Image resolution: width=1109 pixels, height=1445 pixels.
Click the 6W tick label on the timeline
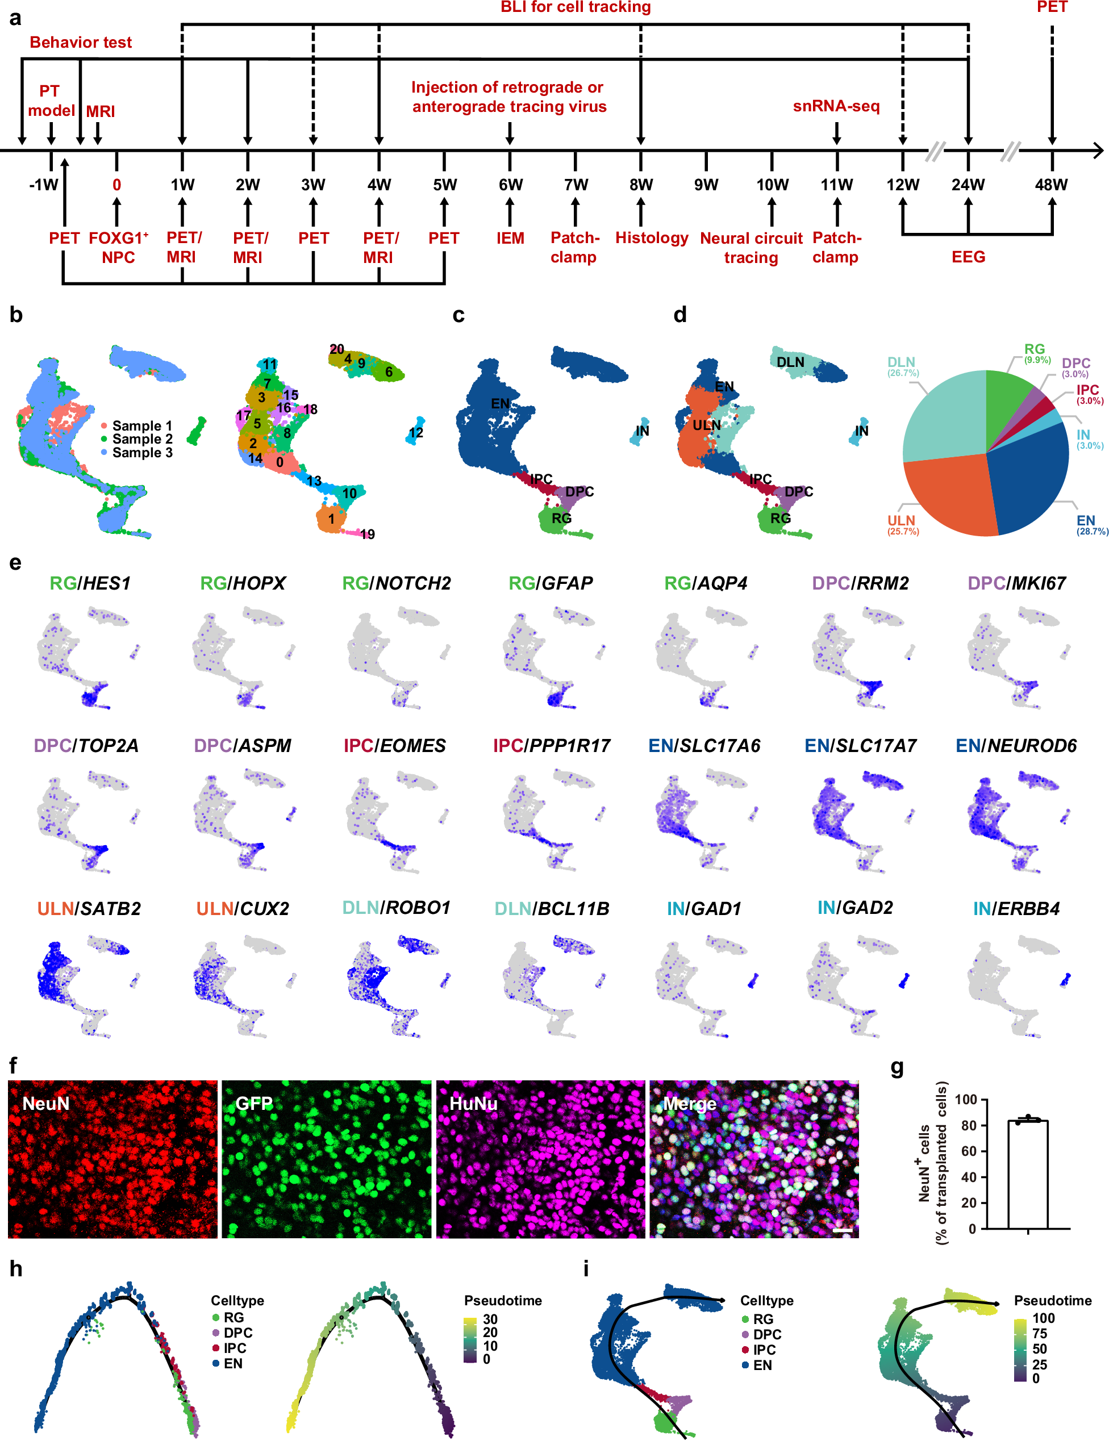click(510, 185)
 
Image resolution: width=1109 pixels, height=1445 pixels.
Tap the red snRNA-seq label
click(836, 106)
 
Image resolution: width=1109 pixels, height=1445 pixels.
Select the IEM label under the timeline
click(510, 238)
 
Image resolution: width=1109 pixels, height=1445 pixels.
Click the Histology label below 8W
click(652, 237)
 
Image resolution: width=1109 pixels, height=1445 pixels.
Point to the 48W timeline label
click(1051, 185)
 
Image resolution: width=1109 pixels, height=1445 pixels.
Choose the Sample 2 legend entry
click(141, 438)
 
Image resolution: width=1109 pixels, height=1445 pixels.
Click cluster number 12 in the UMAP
click(416, 433)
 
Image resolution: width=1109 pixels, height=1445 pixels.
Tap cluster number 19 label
click(368, 534)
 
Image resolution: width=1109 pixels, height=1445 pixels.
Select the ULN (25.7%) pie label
click(902, 525)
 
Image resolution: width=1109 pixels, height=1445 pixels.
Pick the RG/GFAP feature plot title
click(551, 583)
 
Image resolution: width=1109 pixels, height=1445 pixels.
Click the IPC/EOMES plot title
click(395, 746)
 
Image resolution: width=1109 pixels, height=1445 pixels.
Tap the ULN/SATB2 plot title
click(89, 909)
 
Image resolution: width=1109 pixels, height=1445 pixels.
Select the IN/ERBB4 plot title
click(1016, 909)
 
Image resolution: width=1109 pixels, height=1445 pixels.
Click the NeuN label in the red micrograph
click(45, 1103)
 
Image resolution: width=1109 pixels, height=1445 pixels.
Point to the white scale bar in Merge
click(843, 1230)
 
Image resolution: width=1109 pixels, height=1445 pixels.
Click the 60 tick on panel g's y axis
click(969, 1151)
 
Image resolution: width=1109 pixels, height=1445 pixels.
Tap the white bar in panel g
click(1027, 1175)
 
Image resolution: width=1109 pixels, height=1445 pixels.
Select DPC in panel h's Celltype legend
click(237, 1333)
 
